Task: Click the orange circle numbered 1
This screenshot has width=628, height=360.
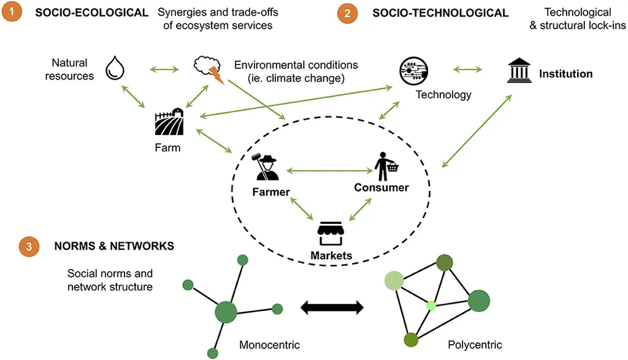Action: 12,11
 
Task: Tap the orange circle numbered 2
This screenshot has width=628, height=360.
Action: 347,13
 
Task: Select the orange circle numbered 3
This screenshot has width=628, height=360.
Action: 29,247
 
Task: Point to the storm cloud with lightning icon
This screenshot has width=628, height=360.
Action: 209,69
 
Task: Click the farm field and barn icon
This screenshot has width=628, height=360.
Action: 169,121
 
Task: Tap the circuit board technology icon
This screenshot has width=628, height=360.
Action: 414,71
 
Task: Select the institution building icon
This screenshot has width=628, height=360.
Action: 519,71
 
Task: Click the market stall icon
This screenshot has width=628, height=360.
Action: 331,234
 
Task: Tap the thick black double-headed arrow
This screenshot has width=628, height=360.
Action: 332,307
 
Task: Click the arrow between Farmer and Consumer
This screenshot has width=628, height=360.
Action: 329,171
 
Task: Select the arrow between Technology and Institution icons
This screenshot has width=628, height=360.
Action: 468,70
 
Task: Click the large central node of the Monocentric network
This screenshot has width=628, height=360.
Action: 226,312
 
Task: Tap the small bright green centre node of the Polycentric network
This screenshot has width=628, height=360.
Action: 431,306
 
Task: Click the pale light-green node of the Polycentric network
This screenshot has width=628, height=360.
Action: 394,280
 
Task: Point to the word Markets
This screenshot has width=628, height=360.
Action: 331,256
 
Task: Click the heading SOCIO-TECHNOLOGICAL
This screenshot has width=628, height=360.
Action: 440,13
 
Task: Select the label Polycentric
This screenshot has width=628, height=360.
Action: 475,345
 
